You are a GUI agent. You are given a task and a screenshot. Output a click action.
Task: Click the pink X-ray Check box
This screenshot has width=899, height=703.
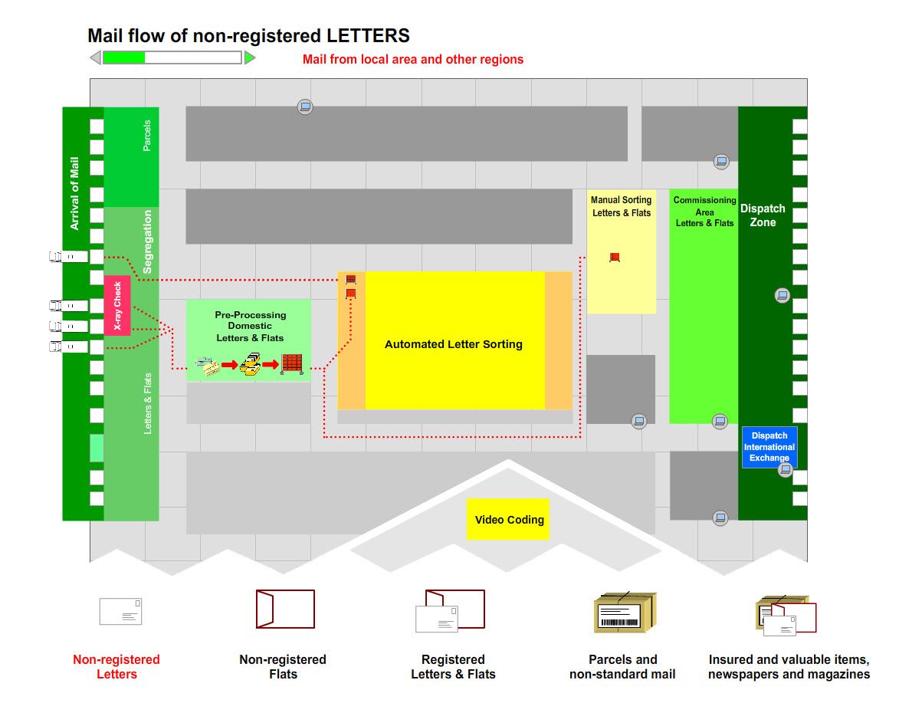117,305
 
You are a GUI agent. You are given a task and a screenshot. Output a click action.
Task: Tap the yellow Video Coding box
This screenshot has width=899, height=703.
509,520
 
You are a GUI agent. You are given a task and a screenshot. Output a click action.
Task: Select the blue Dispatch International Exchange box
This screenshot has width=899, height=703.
769,447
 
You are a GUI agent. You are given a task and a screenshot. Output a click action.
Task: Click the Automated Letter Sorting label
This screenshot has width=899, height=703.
454,345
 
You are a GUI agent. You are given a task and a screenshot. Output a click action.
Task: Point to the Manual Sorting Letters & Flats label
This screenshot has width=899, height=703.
622,206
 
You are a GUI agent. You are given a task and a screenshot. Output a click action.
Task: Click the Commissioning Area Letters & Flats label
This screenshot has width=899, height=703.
704,212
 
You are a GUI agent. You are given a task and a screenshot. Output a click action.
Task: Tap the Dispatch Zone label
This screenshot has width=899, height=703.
763,215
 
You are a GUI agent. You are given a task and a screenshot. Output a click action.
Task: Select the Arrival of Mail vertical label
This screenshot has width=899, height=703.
75,193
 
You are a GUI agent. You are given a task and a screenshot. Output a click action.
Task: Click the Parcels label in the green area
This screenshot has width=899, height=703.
147,135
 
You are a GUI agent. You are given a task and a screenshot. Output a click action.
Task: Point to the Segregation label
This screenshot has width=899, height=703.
148,241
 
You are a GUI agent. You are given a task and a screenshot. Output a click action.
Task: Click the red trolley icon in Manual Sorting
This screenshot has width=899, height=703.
614,258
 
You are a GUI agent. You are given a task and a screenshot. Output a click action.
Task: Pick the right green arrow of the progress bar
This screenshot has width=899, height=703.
250,57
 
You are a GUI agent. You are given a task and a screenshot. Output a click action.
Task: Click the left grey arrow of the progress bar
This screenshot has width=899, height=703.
96,57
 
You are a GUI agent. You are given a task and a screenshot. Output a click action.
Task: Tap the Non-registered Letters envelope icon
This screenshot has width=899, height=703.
120,611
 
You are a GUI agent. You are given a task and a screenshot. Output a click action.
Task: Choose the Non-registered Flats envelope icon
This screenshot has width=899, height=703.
285,609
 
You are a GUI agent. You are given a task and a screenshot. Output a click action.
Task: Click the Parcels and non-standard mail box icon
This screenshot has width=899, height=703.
626,613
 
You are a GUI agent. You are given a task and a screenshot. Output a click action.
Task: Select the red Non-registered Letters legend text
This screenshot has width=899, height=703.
116,667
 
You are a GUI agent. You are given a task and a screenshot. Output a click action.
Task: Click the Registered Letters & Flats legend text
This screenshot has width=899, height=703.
453,667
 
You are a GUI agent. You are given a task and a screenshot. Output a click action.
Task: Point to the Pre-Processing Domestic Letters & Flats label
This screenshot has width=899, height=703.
250,327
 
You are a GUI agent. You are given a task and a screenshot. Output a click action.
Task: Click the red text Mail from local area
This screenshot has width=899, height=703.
413,59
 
